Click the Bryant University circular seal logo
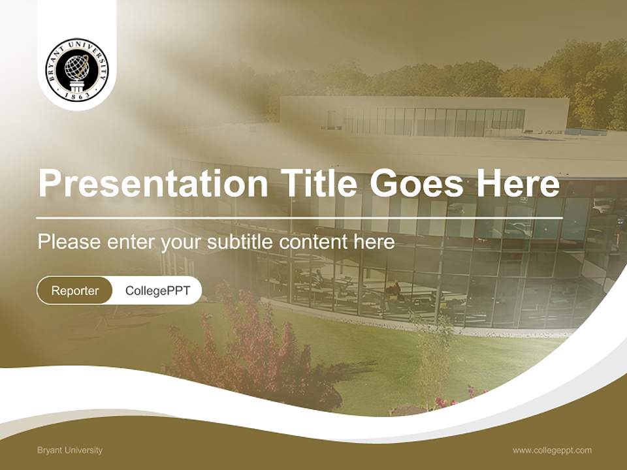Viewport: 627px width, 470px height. tap(77, 69)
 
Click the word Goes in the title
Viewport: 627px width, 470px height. tap(415, 184)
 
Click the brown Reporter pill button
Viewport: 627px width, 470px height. tap(74, 290)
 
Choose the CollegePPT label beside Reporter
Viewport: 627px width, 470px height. tap(157, 290)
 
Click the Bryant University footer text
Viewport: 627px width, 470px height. tap(70, 450)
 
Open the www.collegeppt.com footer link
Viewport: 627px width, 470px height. tap(552, 450)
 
